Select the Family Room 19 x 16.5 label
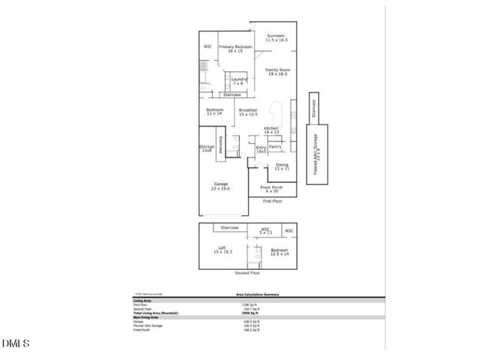[x=277, y=72]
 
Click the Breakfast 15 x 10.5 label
[x=248, y=112]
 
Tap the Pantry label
[x=274, y=147]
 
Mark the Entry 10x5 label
[x=261, y=150]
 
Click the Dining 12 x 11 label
[x=281, y=166]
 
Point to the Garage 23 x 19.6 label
[x=221, y=186]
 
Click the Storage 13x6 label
[x=206, y=148]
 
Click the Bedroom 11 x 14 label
[x=215, y=112]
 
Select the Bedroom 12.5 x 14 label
[x=279, y=252]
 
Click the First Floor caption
[x=271, y=202]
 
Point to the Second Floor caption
[x=247, y=274]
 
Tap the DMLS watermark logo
[x=15, y=343]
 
